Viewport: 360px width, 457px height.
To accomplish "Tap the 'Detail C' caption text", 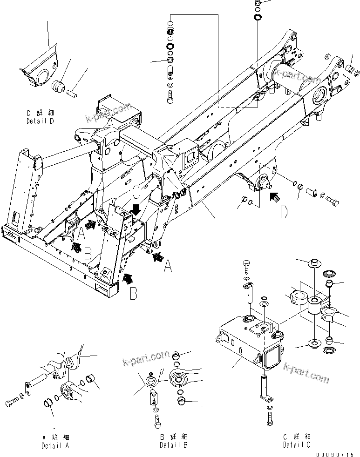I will [297, 445].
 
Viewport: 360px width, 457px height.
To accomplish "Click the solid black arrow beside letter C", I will [136, 208].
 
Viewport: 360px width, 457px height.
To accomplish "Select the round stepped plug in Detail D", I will [58, 86].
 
